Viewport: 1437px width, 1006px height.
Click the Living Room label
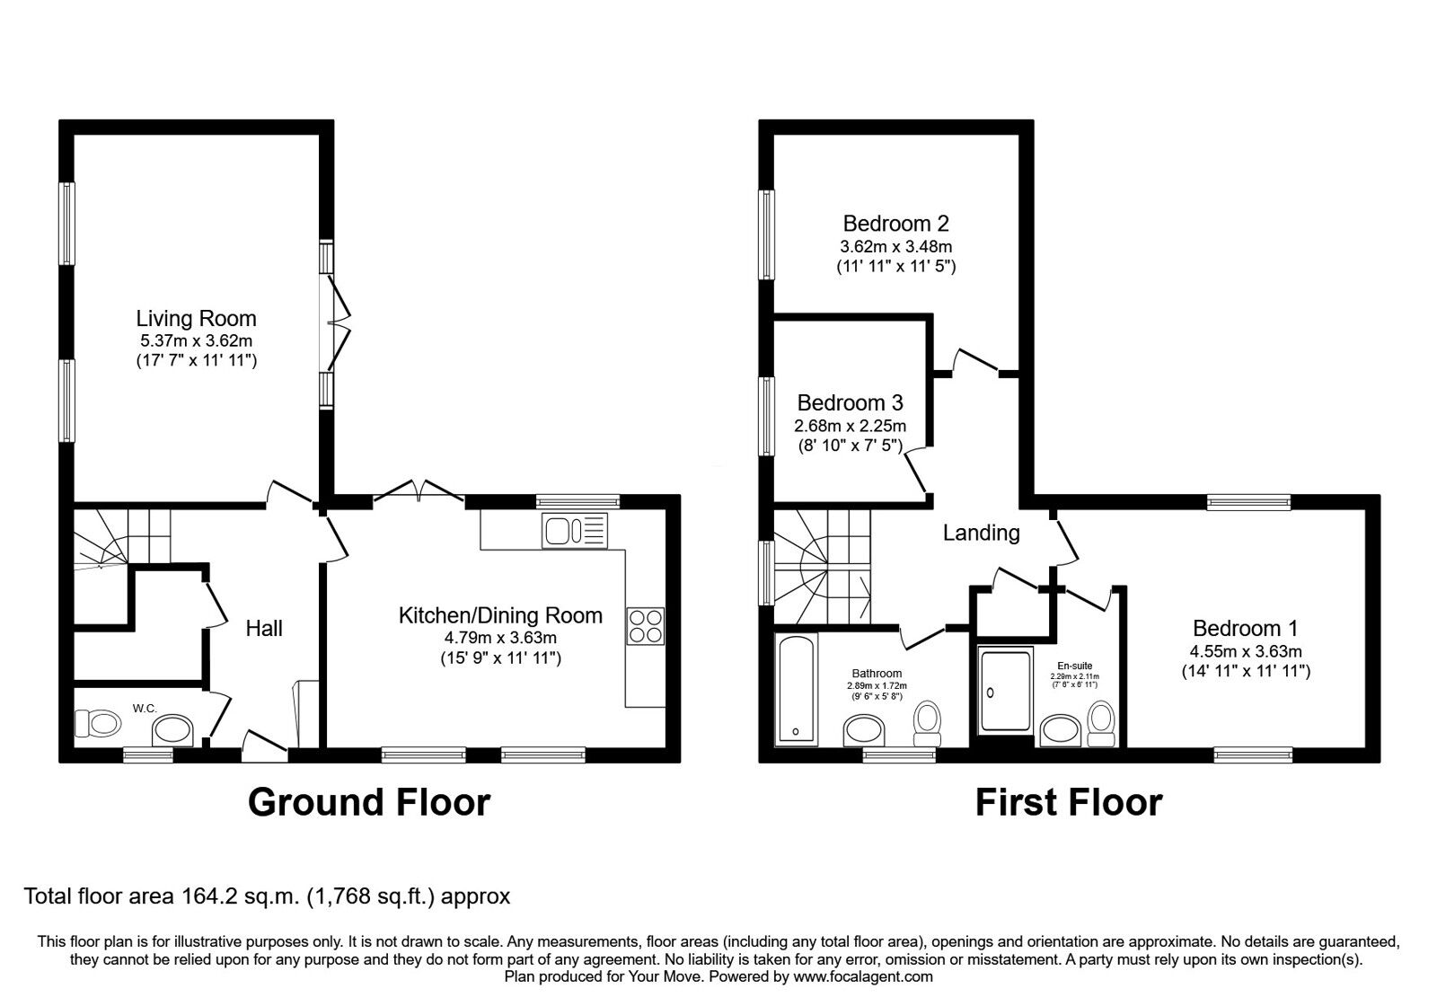coord(196,318)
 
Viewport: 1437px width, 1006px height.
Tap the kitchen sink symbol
coord(574,532)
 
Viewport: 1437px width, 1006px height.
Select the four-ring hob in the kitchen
coord(646,626)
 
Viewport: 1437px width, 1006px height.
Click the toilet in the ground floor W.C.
coord(97,722)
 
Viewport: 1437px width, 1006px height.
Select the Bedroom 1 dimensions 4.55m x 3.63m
coord(1246,651)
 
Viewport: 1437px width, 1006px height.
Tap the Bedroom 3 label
coord(850,402)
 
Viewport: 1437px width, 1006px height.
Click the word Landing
coord(981,533)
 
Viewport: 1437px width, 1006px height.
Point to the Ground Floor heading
coord(368,802)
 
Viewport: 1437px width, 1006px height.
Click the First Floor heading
coord(1068,802)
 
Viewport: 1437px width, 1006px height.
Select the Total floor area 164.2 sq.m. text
coord(267,896)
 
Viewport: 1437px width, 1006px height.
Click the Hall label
coord(264,628)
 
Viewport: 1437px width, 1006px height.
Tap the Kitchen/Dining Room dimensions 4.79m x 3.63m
coord(500,638)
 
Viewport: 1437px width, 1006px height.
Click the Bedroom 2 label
coord(895,223)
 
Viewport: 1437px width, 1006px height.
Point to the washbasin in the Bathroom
coord(865,731)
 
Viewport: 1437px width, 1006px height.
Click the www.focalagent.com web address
coord(863,976)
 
